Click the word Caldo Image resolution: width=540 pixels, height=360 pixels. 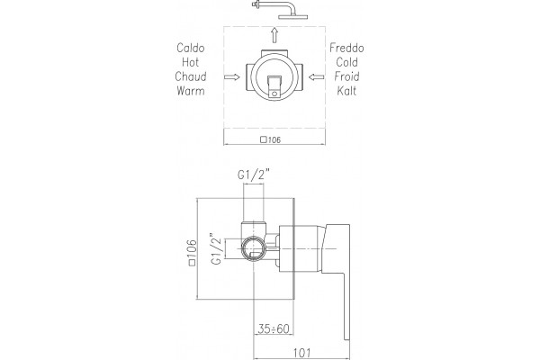[x=191, y=48]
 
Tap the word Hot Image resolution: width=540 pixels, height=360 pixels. [x=191, y=62]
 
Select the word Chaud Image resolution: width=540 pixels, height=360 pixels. [x=191, y=76]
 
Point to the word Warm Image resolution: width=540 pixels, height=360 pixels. [x=191, y=91]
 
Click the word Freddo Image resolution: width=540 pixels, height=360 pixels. [x=346, y=48]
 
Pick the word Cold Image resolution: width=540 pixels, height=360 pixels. [x=346, y=62]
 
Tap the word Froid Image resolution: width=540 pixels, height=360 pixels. [x=346, y=76]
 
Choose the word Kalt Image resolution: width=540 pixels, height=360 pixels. [x=346, y=91]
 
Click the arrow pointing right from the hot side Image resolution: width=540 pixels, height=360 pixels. [x=232, y=76]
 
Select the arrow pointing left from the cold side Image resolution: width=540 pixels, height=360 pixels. [x=316, y=76]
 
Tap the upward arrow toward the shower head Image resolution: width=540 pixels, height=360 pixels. [x=274, y=35]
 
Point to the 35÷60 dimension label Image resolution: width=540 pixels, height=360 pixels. [x=274, y=328]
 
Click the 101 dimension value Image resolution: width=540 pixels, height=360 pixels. [x=301, y=353]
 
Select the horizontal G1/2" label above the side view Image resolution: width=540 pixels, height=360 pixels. [x=253, y=175]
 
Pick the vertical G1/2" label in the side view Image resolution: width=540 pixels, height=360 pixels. [x=216, y=249]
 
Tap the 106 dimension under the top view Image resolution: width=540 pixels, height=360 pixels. [x=271, y=139]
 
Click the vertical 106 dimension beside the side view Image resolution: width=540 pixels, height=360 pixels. [x=193, y=253]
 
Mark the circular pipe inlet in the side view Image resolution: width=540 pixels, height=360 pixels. [x=254, y=249]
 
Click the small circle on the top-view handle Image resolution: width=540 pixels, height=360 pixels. [x=274, y=94]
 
